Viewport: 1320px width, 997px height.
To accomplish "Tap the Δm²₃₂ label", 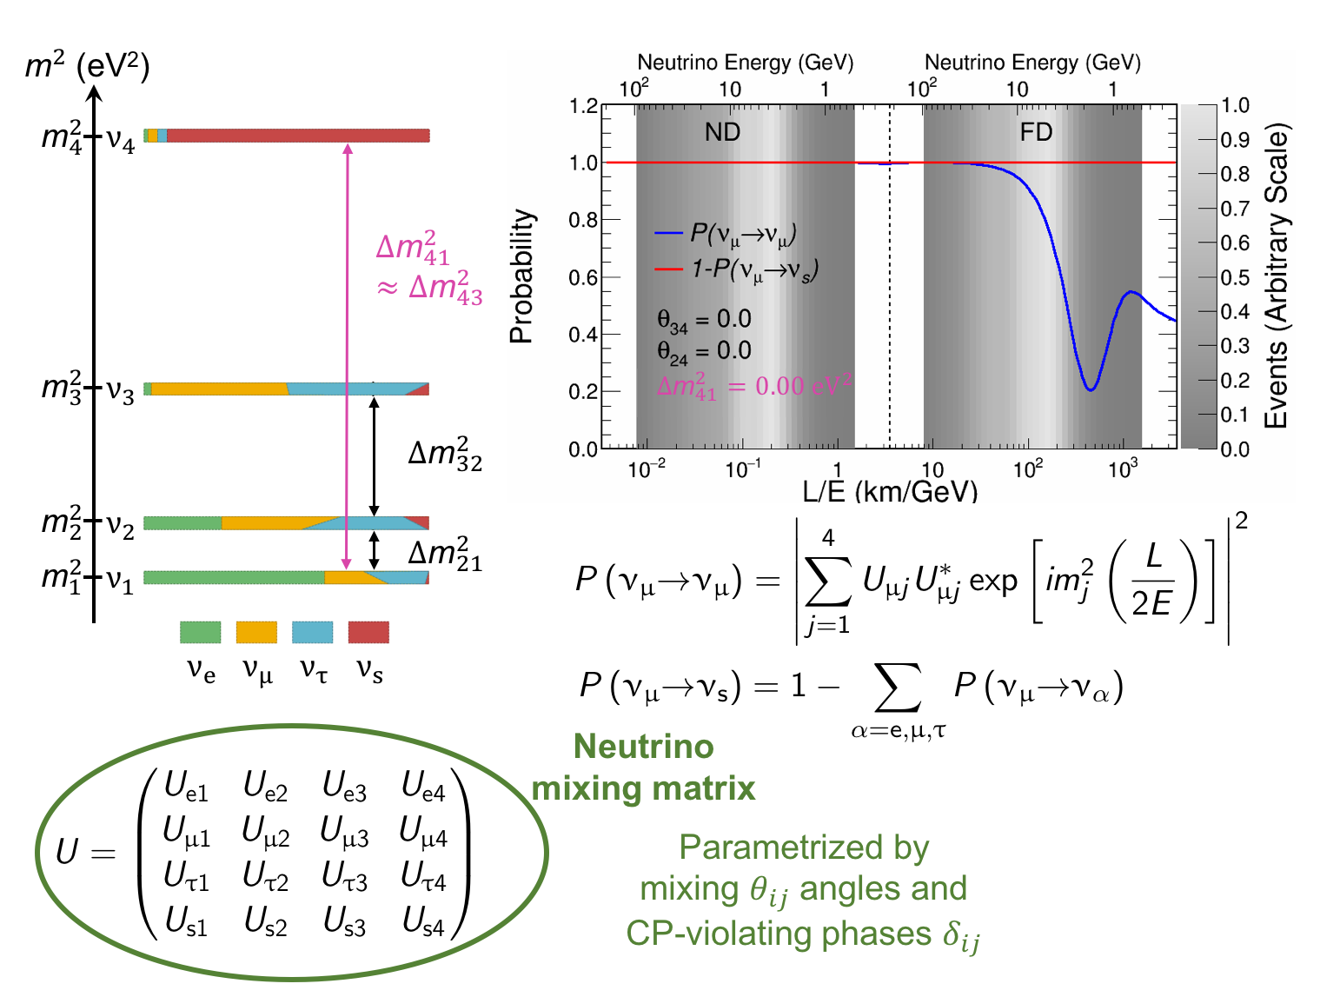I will click(445, 455).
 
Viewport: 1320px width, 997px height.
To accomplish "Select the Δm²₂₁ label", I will click(445, 554).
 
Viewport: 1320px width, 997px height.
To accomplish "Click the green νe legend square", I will click(200, 632).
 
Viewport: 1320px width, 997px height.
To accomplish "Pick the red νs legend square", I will click(368, 632).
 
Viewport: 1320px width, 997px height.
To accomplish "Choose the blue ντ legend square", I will click(312, 632).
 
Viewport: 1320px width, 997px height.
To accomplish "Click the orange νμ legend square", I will click(256, 632).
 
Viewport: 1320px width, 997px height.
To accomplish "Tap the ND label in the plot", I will click(722, 132).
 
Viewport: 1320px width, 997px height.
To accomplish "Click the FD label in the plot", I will click(1036, 132).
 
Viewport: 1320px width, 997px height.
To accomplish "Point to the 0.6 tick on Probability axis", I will click(583, 277).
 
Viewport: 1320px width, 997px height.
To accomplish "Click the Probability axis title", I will click(521, 276).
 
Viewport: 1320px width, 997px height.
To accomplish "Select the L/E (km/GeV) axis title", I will click(889, 492).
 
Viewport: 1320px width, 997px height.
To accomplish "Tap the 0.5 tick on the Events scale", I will click(1234, 277).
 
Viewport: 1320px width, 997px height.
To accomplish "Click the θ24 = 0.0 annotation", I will click(704, 351).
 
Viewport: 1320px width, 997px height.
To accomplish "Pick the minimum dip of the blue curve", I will click(1091, 389).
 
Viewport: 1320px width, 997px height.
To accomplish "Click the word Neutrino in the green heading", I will click(644, 747).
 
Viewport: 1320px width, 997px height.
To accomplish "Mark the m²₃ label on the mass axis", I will click(62, 387).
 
